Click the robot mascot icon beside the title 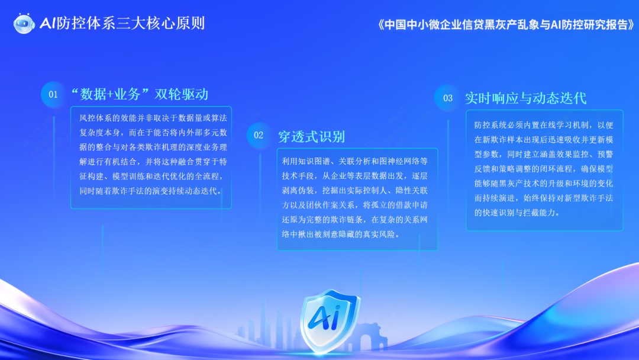coord(24,23)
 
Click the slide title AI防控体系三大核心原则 coord(122,23)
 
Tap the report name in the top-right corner coord(506,24)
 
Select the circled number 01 coord(53,95)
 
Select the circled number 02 coord(259,136)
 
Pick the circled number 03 coord(447,98)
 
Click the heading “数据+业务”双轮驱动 coord(140,94)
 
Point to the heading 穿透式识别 coord(311,137)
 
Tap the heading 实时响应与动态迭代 coord(526,98)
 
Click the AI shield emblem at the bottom coord(330,321)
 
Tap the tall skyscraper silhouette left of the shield coord(263,322)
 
